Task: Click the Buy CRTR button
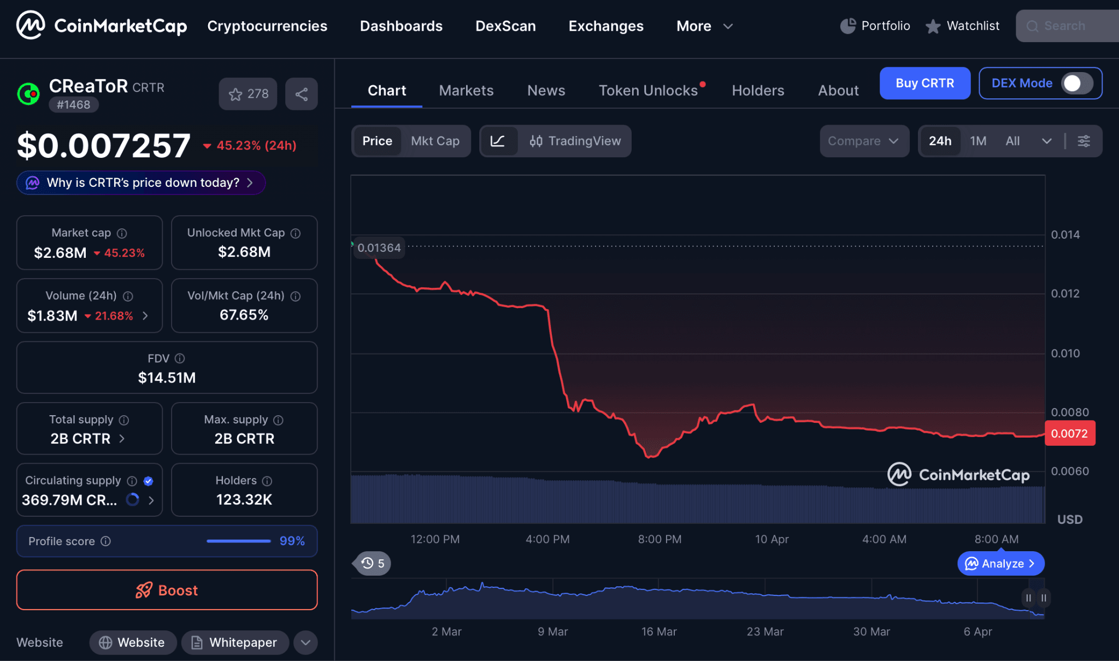[x=924, y=83]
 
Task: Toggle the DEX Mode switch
[x=1076, y=83]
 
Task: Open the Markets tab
[x=466, y=91]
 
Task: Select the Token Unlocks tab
[x=648, y=91]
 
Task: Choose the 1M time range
[x=978, y=141]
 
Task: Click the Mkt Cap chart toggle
[x=435, y=141]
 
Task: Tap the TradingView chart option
[x=575, y=141]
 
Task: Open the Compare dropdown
[x=863, y=141]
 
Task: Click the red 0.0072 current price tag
[x=1069, y=434]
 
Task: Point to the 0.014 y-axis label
[x=1065, y=235]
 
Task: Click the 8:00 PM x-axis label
[x=659, y=539]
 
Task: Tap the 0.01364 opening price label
[x=379, y=248]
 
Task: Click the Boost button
[x=167, y=590]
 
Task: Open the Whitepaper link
[x=235, y=642]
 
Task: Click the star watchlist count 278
[x=248, y=94]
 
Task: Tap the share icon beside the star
[x=301, y=94]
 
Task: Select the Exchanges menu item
[x=606, y=26]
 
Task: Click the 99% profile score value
[x=292, y=541]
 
